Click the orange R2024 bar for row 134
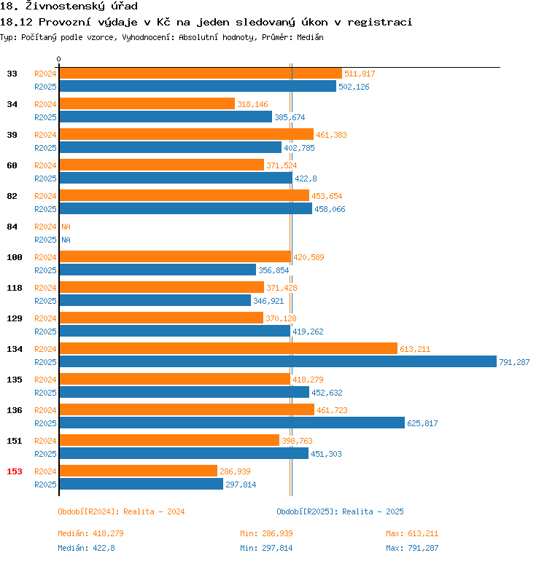[x=228, y=349]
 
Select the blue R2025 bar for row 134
[x=278, y=362]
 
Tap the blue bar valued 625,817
[x=232, y=423]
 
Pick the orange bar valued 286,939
[x=139, y=471]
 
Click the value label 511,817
[x=360, y=74]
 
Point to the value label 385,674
[x=290, y=117]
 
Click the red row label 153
[x=15, y=471]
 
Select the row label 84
[x=12, y=227]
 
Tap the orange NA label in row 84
[x=66, y=227]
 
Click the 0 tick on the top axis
[x=59, y=59]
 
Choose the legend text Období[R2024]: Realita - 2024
[x=121, y=511]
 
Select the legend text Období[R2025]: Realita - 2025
[x=340, y=511]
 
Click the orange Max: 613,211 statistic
[x=412, y=533]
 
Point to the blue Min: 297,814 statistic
[x=266, y=548]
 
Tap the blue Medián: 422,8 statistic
[x=86, y=548]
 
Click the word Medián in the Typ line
[x=309, y=36]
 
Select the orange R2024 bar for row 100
[x=175, y=257]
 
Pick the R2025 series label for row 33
[x=46, y=87]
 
